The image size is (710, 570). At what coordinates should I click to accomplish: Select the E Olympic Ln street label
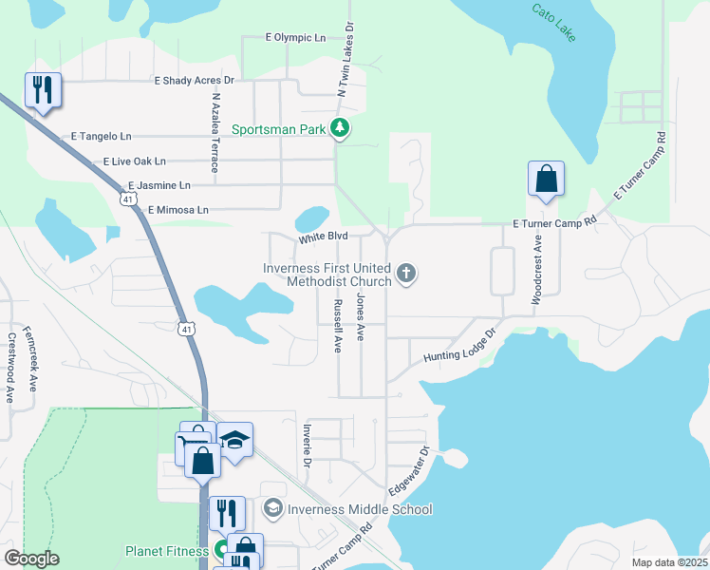coord(295,38)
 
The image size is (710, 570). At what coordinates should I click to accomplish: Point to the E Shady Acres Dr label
coord(194,82)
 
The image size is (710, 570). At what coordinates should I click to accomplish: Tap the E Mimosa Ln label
coord(177,209)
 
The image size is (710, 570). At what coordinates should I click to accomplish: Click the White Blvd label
coord(324,236)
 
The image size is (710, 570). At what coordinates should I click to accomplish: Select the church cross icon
coord(406,275)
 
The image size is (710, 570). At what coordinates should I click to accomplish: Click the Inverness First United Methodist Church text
coord(327,275)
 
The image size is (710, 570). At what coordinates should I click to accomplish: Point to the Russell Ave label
coord(337,327)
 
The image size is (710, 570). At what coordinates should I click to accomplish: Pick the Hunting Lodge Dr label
coord(460,347)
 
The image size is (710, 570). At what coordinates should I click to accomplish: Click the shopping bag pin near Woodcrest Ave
coord(546,179)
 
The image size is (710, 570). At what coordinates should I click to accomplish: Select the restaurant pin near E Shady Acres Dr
coord(43,90)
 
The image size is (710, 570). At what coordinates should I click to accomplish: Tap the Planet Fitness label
coord(167,550)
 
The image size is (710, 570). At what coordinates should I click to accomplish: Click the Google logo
coord(32,559)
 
